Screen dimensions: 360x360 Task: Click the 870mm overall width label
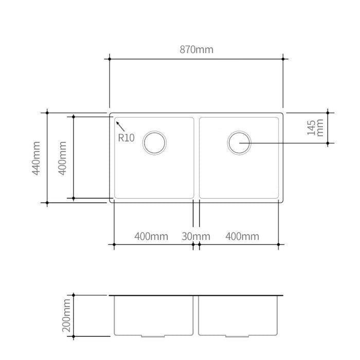point(196,50)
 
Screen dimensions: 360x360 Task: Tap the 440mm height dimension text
point(37,158)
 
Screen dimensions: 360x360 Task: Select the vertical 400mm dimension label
point(63,158)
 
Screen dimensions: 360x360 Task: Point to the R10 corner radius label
point(126,137)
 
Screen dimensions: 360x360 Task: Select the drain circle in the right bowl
point(239,142)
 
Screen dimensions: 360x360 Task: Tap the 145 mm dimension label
point(315,127)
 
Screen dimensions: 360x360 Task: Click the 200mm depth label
point(65,316)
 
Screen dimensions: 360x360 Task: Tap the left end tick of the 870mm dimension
point(110,59)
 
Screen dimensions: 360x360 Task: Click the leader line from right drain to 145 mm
point(288,142)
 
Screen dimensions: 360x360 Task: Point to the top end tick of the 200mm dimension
point(75,295)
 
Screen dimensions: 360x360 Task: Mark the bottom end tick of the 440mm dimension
point(47,203)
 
